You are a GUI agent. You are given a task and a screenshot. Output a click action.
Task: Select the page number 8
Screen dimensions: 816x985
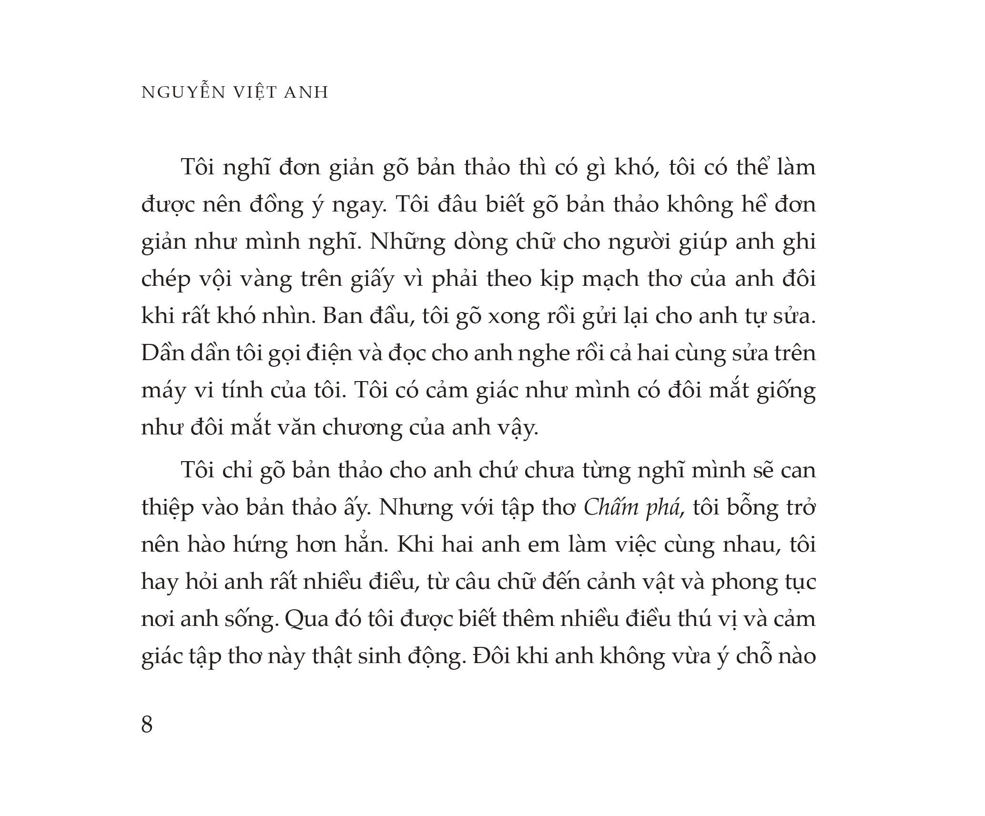coord(147,725)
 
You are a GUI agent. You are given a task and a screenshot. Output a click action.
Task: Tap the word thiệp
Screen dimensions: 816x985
coord(168,508)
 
